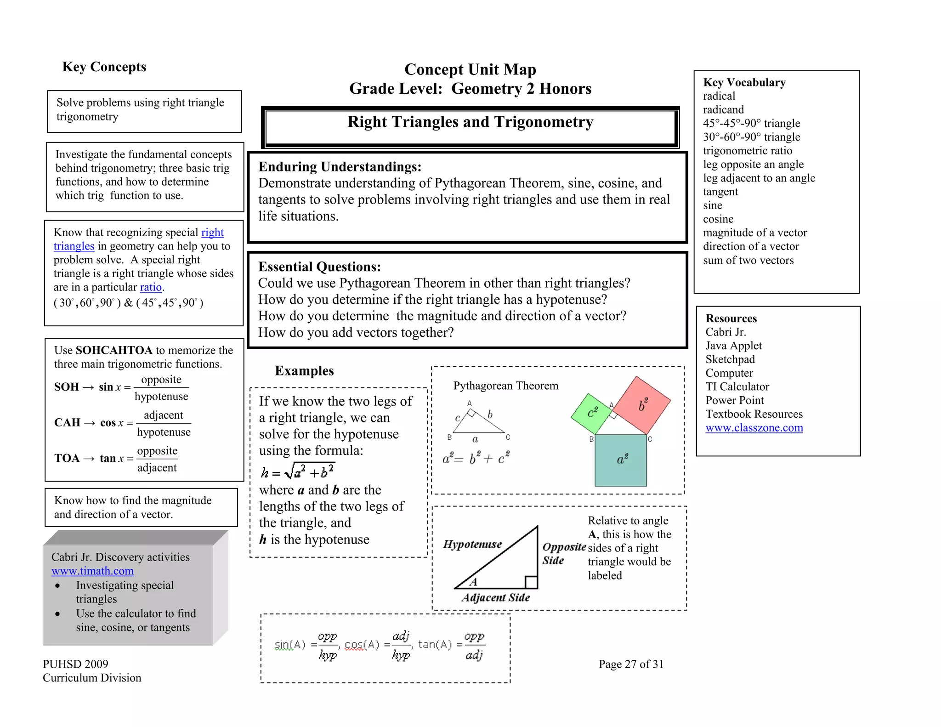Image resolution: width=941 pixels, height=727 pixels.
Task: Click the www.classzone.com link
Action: pyautogui.click(x=754, y=428)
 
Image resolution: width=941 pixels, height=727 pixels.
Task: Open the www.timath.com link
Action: pyautogui.click(x=92, y=571)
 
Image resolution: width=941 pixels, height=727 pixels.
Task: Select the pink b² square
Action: pyautogui.click(x=642, y=405)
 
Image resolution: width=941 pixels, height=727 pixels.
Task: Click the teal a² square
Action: pyautogui.click(x=621, y=460)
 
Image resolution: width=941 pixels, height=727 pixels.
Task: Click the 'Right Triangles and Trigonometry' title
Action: pyautogui.click(x=470, y=122)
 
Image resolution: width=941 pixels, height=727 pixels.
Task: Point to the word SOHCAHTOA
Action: pyautogui.click(x=114, y=350)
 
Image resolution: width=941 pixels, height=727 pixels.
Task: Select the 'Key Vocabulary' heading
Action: pyautogui.click(x=744, y=83)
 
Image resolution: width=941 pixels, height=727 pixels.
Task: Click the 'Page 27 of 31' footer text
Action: pyautogui.click(x=630, y=664)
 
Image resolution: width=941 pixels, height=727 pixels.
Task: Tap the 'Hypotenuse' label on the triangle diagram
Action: pyautogui.click(x=472, y=545)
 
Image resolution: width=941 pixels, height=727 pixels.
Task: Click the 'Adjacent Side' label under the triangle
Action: pyautogui.click(x=496, y=597)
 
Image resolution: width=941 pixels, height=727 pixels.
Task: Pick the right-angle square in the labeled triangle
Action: pyautogui.click(x=531, y=582)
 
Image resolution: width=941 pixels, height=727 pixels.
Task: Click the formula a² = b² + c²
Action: pyautogui.click(x=476, y=458)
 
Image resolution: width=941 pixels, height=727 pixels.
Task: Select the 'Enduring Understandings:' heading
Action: pyautogui.click(x=340, y=167)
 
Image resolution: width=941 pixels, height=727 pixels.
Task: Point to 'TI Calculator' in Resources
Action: pyautogui.click(x=737, y=386)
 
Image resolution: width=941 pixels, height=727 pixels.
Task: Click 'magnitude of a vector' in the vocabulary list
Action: pyautogui.click(x=754, y=233)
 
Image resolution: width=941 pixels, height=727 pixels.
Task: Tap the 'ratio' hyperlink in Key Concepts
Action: pyautogui.click(x=151, y=287)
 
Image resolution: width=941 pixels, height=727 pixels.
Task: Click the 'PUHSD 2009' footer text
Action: pyautogui.click(x=75, y=664)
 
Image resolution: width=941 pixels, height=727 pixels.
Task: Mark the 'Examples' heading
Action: pyautogui.click(x=304, y=371)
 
